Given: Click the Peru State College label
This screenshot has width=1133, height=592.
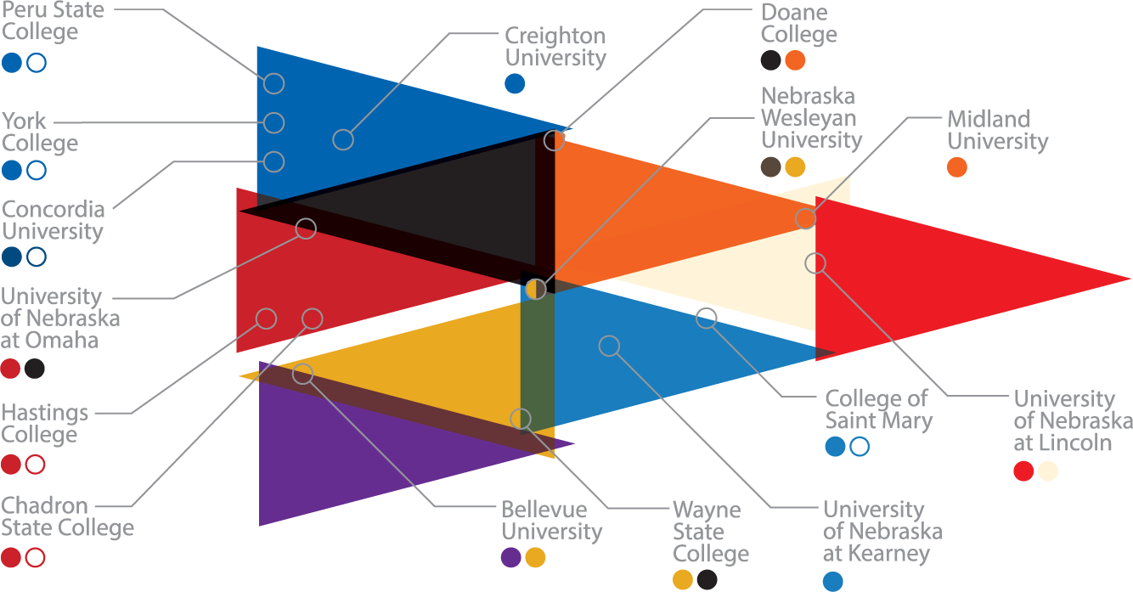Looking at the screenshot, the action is click(53, 20).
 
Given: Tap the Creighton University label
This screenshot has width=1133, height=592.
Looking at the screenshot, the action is click(555, 47).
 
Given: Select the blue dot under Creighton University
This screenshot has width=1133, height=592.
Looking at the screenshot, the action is click(515, 83).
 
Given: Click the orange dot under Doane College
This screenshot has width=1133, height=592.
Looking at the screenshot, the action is click(795, 60).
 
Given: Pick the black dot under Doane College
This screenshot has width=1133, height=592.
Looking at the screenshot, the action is click(770, 60).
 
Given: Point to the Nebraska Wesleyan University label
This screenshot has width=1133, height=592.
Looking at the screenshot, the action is click(812, 118).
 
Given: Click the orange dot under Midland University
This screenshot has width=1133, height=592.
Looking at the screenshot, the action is click(957, 167).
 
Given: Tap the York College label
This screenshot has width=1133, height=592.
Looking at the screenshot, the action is click(40, 132).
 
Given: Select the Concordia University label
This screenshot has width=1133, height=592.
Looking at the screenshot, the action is click(54, 220).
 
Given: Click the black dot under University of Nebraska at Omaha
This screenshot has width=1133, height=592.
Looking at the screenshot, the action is click(34, 369).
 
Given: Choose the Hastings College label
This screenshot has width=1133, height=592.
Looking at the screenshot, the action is click(44, 424).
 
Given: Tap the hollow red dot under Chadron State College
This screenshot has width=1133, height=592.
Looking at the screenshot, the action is click(35, 557).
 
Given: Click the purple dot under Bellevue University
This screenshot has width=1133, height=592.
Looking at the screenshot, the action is click(510, 557).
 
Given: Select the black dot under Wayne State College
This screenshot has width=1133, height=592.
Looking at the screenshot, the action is click(707, 579).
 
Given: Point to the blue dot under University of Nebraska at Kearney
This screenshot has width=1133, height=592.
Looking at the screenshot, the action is click(833, 581).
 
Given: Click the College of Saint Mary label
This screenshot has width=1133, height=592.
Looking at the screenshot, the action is click(879, 409).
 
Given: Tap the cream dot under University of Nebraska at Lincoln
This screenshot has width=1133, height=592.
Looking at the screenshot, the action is click(1048, 471).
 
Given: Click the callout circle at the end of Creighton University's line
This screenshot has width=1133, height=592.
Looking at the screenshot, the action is click(343, 139).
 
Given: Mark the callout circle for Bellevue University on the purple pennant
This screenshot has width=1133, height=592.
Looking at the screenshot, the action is click(302, 374).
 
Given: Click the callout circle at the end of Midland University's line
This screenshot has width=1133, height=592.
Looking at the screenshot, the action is click(805, 218).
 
